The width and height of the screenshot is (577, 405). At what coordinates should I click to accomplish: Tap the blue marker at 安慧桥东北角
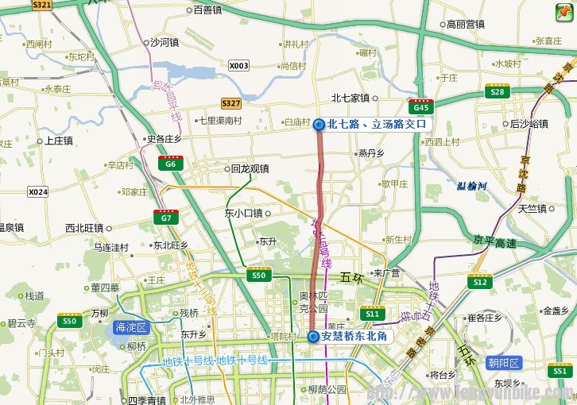[x=313, y=336]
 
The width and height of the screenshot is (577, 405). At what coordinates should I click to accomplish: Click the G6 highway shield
[x=168, y=164]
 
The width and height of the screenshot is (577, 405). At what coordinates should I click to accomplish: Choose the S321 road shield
[x=43, y=5]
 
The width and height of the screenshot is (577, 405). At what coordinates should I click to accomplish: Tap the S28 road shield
[x=498, y=92]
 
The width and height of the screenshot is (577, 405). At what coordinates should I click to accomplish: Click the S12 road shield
[x=478, y=281]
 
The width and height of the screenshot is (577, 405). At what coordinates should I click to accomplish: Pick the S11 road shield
[x=372, y=314]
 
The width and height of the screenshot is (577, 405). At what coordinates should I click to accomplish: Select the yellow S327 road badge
[x=231, y=103]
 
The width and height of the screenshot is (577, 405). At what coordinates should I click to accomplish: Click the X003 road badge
[x=238, y=66]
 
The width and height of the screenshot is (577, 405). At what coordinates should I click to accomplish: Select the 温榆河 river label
[x=477, y=187]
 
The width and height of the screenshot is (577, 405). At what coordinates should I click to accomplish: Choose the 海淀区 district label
[x=131, y=327]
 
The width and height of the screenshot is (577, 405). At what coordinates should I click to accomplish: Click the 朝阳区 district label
[x=504, y=363]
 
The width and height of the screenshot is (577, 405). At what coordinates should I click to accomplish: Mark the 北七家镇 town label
[x=350, y=98]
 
